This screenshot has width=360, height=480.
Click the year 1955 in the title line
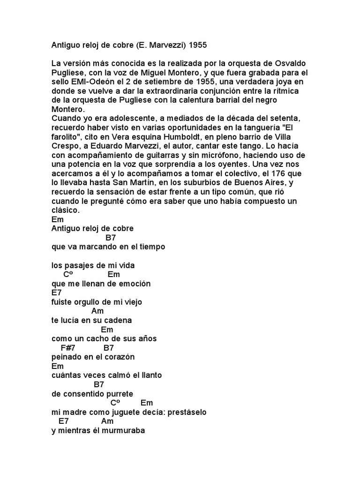(x=198, y=46)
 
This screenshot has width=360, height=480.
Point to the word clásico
(x=65, y=210)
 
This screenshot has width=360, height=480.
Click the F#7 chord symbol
(x=68, y=348)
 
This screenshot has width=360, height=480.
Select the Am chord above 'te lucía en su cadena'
(x=97, y=311)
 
